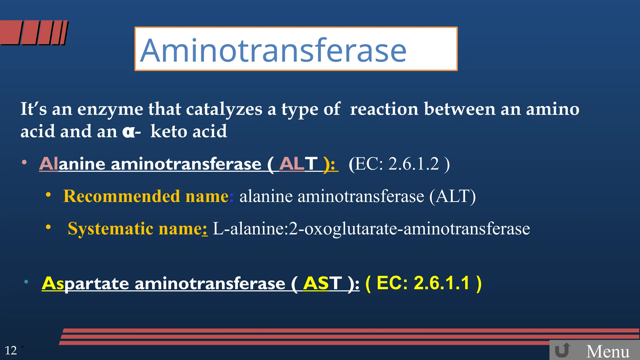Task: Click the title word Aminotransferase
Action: click(273, 50)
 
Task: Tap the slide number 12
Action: click(11, 351)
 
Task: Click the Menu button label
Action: click(608, 352)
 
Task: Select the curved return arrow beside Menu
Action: click(562, 350)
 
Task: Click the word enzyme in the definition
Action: click(110, 109)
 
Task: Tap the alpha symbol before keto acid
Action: click(128, 132)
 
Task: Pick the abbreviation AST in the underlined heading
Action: click(322, 283)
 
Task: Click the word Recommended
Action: click(122, 196)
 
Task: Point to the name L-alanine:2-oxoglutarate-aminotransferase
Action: click(371, 229)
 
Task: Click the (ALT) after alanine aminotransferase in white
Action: click(452, 196)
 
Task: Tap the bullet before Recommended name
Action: click(48, 195)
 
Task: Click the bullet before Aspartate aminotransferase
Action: click(27, 282)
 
